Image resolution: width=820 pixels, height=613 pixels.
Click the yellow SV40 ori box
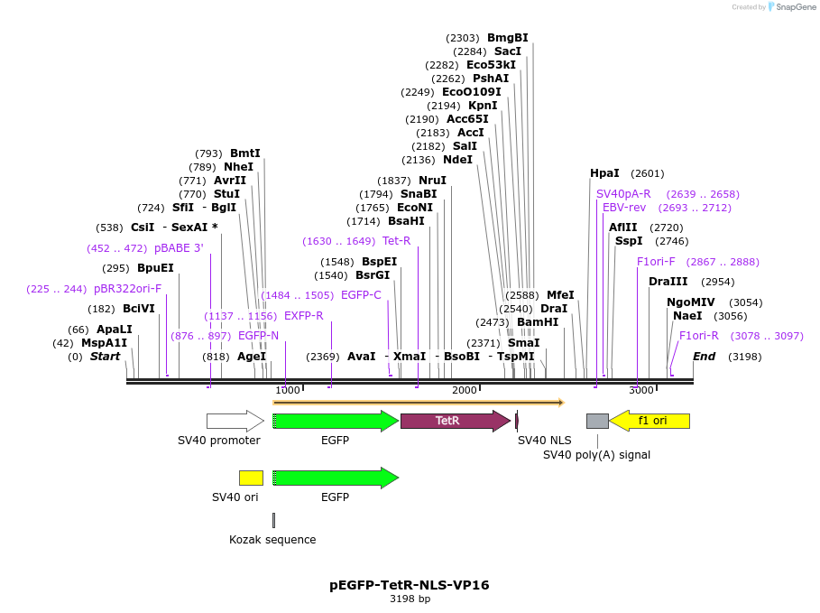point(251,478)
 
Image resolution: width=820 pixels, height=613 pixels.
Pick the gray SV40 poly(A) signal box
point(597,421)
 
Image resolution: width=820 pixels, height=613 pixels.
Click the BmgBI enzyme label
point(507,38)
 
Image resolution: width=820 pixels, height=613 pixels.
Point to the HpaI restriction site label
point(604,173)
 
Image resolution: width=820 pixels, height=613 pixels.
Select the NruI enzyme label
point(432,181)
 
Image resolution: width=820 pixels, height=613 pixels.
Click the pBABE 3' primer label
point(179,248)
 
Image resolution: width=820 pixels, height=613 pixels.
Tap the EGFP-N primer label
point(258,336)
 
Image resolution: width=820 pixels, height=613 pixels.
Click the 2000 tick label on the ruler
point(464,390)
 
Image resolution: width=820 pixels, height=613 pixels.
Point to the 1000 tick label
point(288,390)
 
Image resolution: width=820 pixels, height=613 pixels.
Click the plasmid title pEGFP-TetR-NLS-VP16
point(410,585)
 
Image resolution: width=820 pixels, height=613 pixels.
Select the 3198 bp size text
point(410,599)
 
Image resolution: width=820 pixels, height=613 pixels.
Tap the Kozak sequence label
point(272,540)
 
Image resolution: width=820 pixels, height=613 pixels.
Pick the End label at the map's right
point(704,357)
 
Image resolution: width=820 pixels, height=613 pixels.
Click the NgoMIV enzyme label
point(690,302)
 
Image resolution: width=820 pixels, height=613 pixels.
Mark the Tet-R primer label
point(396,241)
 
